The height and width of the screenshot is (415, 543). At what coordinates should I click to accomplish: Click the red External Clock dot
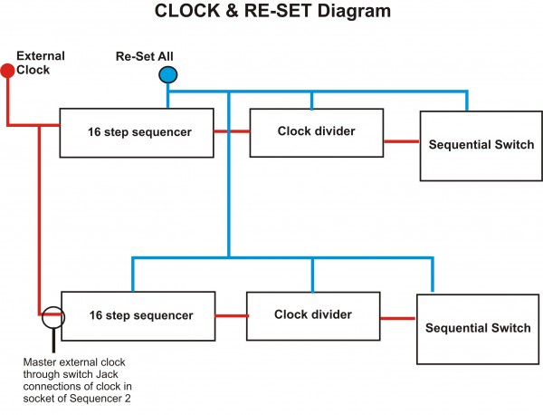click(7, 70)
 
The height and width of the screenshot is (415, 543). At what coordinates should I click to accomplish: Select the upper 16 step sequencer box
click(137, 132)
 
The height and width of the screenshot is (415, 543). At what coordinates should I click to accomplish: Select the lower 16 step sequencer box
click(138, 315)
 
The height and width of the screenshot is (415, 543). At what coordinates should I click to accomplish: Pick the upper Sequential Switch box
click(481, 145)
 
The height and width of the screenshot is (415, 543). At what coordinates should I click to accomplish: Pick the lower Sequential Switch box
click(477, 328)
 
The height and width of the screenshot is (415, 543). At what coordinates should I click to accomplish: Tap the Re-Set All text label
click(144, 56)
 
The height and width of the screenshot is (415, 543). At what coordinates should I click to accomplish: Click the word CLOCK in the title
click(189, 13)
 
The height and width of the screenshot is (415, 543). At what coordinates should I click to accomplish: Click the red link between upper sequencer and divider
click(232, 132)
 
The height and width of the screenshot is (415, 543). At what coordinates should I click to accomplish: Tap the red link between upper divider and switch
click(400, 141)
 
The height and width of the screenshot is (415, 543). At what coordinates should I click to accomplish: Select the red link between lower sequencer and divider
click(230, 316)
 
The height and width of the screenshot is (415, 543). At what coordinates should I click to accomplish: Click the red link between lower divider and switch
click(397, 318)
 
